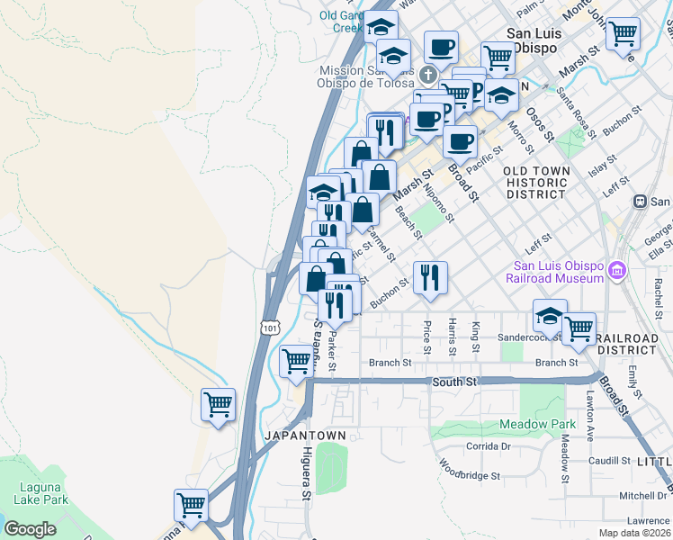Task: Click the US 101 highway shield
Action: [x=271, y=328]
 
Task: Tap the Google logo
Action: [x=31, y=529]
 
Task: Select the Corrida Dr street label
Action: [x=488, y=445]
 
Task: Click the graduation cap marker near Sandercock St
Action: [x=549, y=316]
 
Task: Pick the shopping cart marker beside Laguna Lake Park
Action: [x=191, y=505]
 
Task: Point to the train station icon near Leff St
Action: [x=641, y=202]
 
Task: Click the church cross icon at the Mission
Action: [x=429, y=75]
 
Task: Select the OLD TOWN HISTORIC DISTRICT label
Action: [x=536, y=182]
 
